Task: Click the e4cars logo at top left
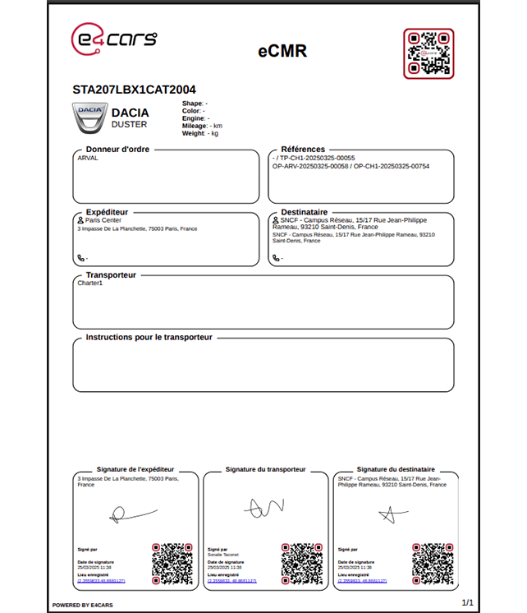coord(113,39)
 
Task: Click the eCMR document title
coord(282,51)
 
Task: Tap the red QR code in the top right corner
coord(428,53)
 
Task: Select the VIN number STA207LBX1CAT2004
coord(134,90)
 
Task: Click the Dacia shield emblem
coord(89,118)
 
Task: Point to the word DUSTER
coord(129,125)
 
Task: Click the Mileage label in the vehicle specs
coord(194,126)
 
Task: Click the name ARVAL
coord(87,158)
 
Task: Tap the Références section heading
coord(303,150)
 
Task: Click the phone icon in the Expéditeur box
coord(80,258)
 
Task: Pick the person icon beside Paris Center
coord(80,220)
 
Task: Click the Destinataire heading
coord(304,212)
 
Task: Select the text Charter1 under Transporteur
coord(89,283)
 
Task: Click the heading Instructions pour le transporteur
coord(149,338)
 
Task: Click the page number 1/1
coord(468,602)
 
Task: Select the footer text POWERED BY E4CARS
coord(84,606)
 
